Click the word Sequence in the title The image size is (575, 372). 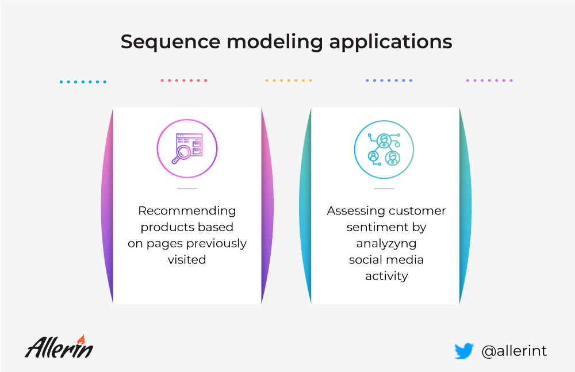click(x=171, y=42)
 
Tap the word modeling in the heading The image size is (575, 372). click(x=275, y=42)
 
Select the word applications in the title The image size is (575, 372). click(x=390, y=42)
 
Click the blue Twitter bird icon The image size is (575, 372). click(x=464, y=351)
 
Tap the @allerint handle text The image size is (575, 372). click(x=514, y=351)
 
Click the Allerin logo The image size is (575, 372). click(x=59, y=346)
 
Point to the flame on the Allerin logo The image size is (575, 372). click(x=82, y=339)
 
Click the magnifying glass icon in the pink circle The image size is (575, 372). click(x=187, y=148)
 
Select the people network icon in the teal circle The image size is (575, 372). click(x=384, y=149)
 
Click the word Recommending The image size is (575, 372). click(x=187, y=210)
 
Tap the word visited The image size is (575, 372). click(x=187, y=259)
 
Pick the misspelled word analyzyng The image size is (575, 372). click(x=386, y=244)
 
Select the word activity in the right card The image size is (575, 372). click(x=386, y=276)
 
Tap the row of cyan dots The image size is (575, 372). click(x=83, y=82)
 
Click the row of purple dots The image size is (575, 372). click(x=489, y=80)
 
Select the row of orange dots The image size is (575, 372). click(x=289, y=80)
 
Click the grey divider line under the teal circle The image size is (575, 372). click(x=384, y=188)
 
